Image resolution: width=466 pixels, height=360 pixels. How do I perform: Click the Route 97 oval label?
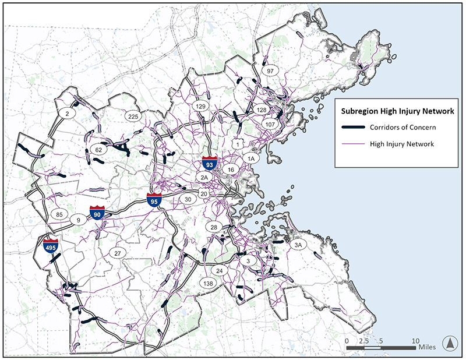click(270, 70)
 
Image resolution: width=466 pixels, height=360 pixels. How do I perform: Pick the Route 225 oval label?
click(132, 117)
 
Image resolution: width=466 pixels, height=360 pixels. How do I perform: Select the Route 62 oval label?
click(99, 150)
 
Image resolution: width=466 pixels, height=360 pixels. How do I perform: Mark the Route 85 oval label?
click(59, 214)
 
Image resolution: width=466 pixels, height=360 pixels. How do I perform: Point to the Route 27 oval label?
click(117, 253)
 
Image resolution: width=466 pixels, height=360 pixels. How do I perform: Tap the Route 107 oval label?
click(269, 125)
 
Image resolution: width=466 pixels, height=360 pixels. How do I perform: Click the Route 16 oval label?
click(231, 170)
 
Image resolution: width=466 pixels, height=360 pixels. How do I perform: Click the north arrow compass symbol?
click(449, 343)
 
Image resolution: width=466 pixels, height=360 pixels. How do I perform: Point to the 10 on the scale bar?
click(416, 340)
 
